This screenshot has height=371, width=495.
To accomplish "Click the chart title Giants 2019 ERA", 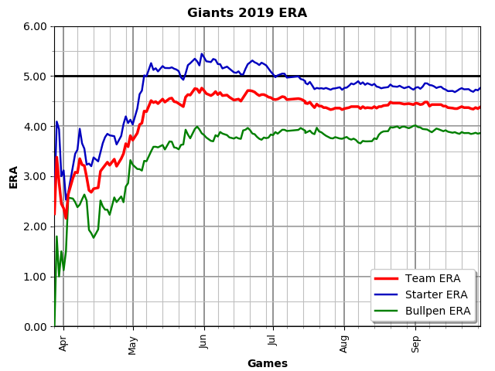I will pos(247,13).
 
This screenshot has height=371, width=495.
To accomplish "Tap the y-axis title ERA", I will pos(14,176).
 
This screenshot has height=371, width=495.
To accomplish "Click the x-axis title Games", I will pos(267,363).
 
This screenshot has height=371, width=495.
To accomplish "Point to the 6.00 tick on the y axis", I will pos(36,26).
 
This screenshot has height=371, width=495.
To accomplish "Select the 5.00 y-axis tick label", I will pos(36,77).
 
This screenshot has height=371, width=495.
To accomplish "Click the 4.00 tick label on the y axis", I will pos(36,127).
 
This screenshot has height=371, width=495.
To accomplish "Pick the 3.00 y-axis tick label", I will pos(36,176).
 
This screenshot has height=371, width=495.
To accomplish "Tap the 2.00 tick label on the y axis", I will pos(36,226).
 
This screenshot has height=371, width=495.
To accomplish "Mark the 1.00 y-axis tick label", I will pos(36,277).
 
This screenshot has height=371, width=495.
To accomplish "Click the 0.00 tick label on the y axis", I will pos(36,327).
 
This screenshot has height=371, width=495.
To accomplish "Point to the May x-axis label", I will pos(133,342).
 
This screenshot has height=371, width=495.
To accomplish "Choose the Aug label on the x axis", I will pos(344,342).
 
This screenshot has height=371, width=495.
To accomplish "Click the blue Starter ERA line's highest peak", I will pos(202,54).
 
